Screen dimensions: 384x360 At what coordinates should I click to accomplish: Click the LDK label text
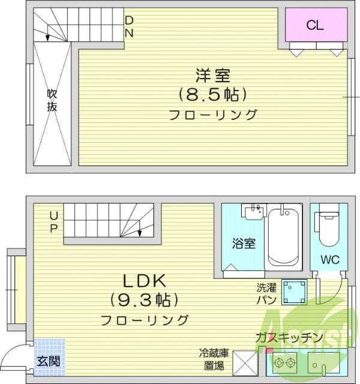tap(144, 281)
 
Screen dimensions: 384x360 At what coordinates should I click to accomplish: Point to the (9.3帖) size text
tap(144, 299)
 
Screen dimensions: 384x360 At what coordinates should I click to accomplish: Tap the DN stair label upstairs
tap(129, 26)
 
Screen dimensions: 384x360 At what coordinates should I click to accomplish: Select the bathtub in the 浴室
tap(284, 236)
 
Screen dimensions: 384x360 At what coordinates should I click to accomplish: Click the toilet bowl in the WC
tap(329, 229)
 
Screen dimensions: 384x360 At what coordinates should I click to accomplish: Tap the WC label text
tap(329, 260)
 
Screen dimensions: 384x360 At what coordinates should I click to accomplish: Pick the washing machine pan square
tap(295, 292)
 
